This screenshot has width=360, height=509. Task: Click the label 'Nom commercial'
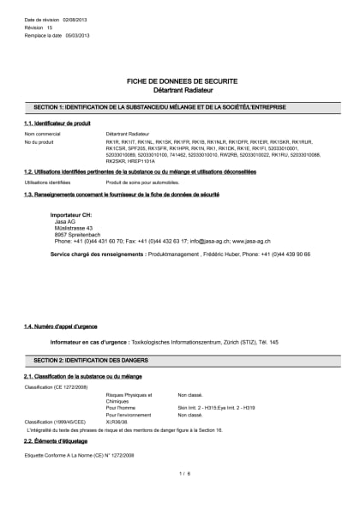(42, 135)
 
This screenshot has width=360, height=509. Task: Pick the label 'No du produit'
(40, 142)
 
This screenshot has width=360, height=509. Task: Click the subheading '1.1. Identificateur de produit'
(57, 124)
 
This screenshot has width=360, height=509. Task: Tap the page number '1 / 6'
(183, 472)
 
